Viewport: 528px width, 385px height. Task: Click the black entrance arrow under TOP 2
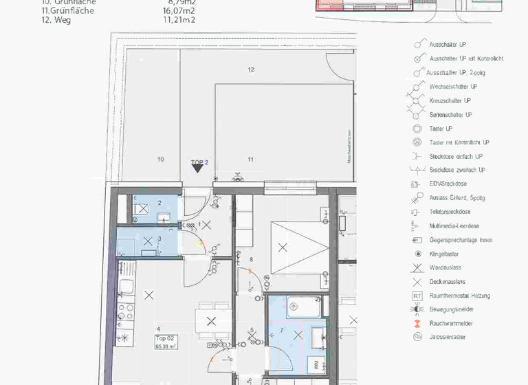click(x=197, y=168)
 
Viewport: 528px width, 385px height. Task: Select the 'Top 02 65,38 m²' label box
click(x=167, y=342)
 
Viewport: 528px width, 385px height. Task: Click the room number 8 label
click(x=252, y=259)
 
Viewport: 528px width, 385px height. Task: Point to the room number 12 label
click(x=251, y=69)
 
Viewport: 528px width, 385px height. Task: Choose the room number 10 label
click(x=160, y=159)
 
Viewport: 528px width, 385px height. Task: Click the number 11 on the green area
click(x=250, y=159)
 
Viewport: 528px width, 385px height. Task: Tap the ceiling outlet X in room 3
click(x=146, y=241)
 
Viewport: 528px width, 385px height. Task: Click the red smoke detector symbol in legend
click(x=417, y=323)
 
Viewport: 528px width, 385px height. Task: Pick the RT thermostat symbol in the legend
click(x=417, y=296)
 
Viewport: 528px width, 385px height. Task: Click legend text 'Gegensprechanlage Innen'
click(x=461, y=240)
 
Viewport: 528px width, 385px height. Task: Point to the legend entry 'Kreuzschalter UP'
click(x=450, y=100)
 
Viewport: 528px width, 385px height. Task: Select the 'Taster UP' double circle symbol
click(x=417, y=129)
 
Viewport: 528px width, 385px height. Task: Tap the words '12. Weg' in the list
click(x=56, y=20)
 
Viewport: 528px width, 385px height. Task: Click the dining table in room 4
click(x=211, y=321)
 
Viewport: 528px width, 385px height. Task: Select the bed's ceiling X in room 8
click(x=280, y=247)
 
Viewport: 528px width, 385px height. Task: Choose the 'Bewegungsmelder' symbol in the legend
click(x=417, y=309)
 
